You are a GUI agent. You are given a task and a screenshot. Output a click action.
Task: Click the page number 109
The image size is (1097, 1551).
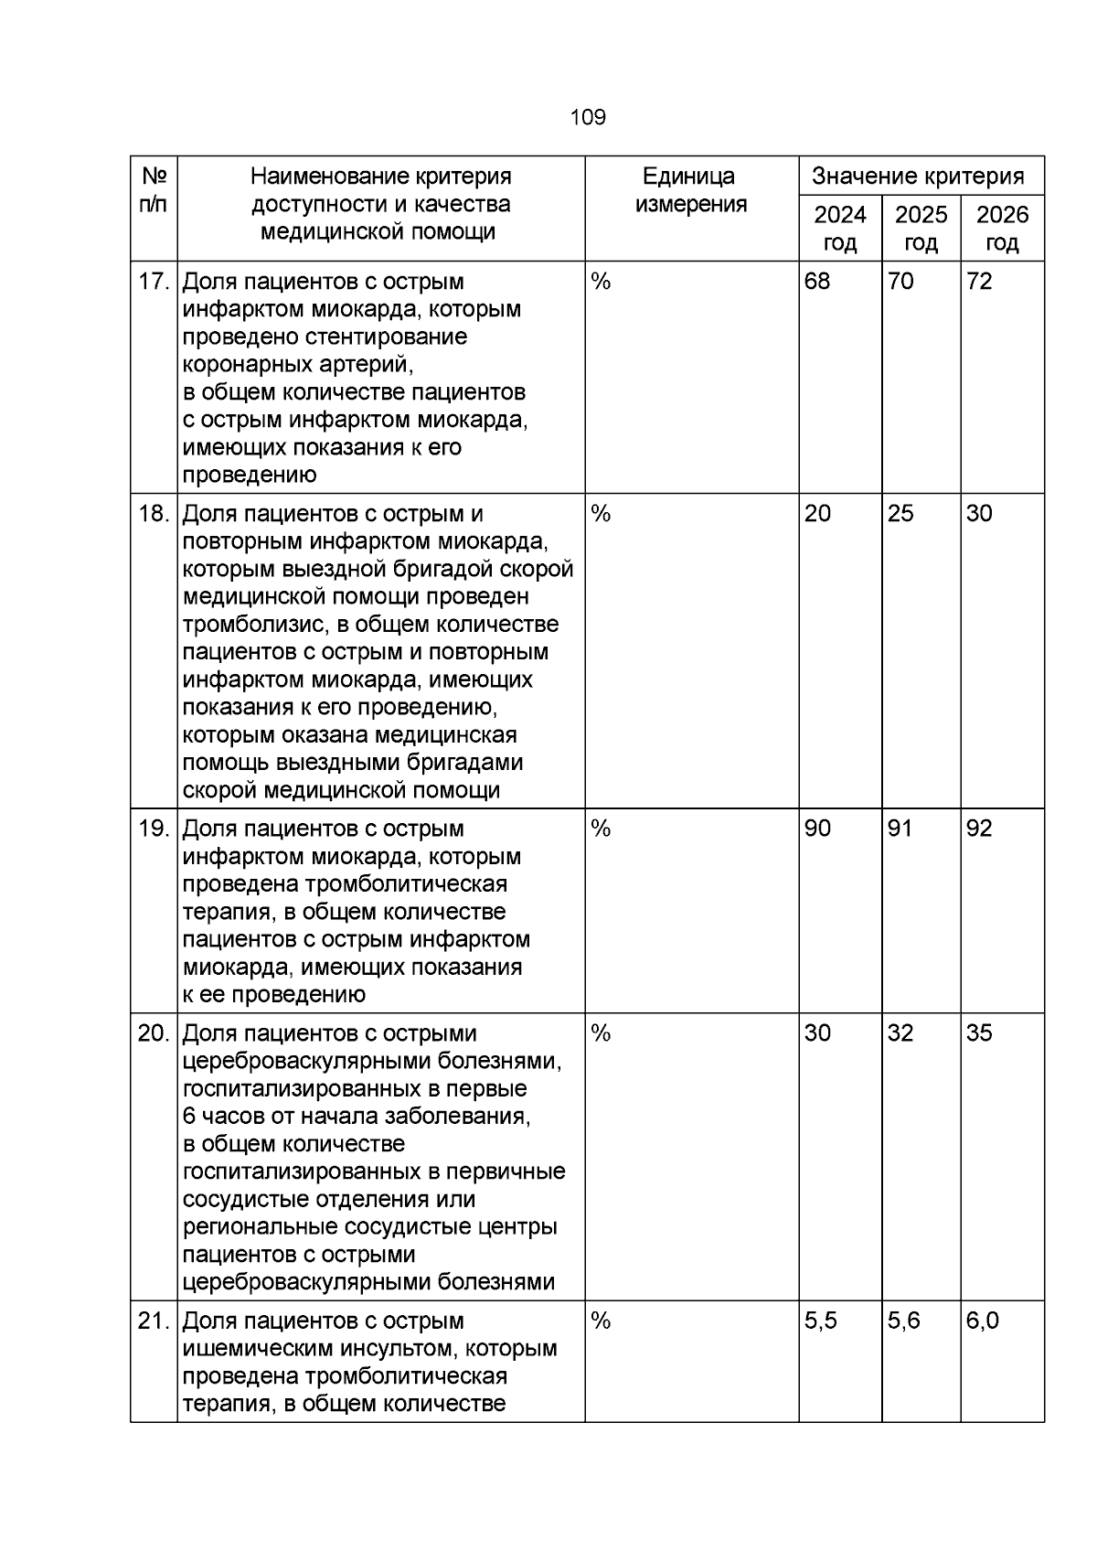click(587, 118)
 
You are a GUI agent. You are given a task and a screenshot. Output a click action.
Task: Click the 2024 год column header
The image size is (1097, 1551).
click(839, 229)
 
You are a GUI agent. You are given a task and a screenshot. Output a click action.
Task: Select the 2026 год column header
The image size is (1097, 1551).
click(1002, 229)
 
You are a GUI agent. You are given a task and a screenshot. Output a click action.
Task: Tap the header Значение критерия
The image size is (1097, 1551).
click(921, 176)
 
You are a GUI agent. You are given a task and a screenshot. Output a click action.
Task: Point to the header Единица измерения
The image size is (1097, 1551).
click(691, 190)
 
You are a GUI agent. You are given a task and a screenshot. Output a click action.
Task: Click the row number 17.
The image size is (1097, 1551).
click(154, 282)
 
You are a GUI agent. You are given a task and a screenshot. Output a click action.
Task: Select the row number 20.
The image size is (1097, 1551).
click(154, 1033)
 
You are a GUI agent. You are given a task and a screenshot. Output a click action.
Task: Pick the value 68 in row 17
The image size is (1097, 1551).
click(817, 282)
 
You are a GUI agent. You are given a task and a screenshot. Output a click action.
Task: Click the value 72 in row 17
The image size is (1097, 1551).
click(979, 282)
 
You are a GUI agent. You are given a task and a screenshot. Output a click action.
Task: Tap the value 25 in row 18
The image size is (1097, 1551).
click(900, 514)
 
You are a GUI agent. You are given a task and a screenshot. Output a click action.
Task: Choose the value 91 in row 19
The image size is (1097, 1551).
click(900, 829)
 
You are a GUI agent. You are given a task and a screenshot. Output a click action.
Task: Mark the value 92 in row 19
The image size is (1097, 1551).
click(979, 829)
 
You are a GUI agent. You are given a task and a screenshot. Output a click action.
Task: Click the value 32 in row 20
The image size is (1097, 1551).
click(900, 1033)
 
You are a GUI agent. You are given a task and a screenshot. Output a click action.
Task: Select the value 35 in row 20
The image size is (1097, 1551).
click(979, 1033)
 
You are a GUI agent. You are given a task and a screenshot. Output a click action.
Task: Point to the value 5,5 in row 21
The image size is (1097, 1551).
click(821, 1321)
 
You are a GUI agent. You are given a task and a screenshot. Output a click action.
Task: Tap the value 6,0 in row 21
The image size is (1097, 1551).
click(983, 1321)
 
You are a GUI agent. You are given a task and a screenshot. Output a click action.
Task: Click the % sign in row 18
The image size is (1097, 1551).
click(601, 514)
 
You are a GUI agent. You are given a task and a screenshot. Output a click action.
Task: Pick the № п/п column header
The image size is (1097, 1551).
click(154, 190)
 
